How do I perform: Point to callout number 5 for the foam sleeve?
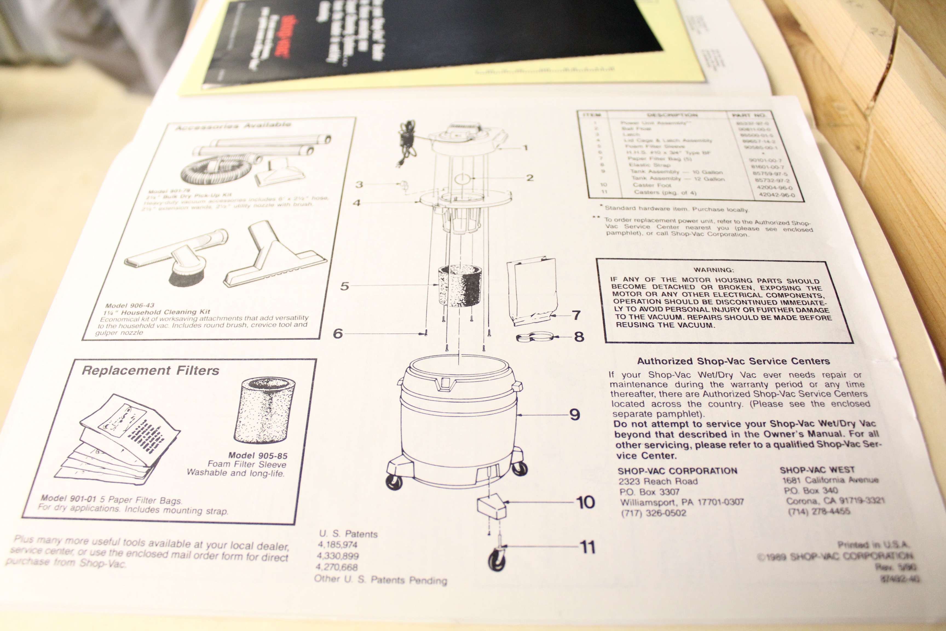pyautogui.click(x=344, y=286)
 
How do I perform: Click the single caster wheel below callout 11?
pyautogui.click(x=497, y=559)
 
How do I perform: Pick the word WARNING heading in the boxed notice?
pyautogui.click(x=714, y=269)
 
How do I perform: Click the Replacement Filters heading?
pyautogui.click(x=151, y=371)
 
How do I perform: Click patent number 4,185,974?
pyautogui.click(x=338, y=545)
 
